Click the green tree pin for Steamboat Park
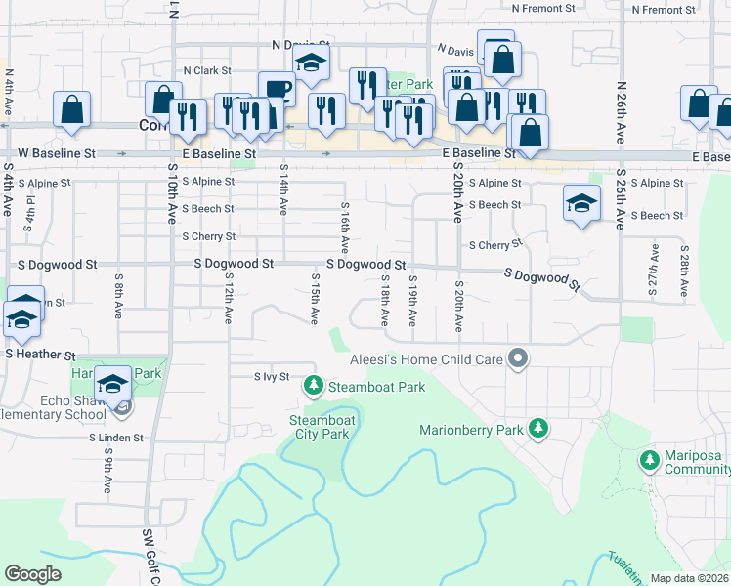pos(313,388)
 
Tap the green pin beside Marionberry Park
pos(537,428)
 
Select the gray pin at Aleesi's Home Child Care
pos(518,360)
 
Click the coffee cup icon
pos(277,89)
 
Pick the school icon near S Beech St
pos(581,204)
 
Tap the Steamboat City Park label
pos(320,427)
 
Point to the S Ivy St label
pos(273,376)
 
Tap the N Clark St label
pos(206,70)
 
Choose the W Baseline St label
pos(58,153)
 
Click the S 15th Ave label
pos(315,300)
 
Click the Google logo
pos(32,574)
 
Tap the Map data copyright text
pos(690,578)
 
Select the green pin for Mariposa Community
pos(649,459)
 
